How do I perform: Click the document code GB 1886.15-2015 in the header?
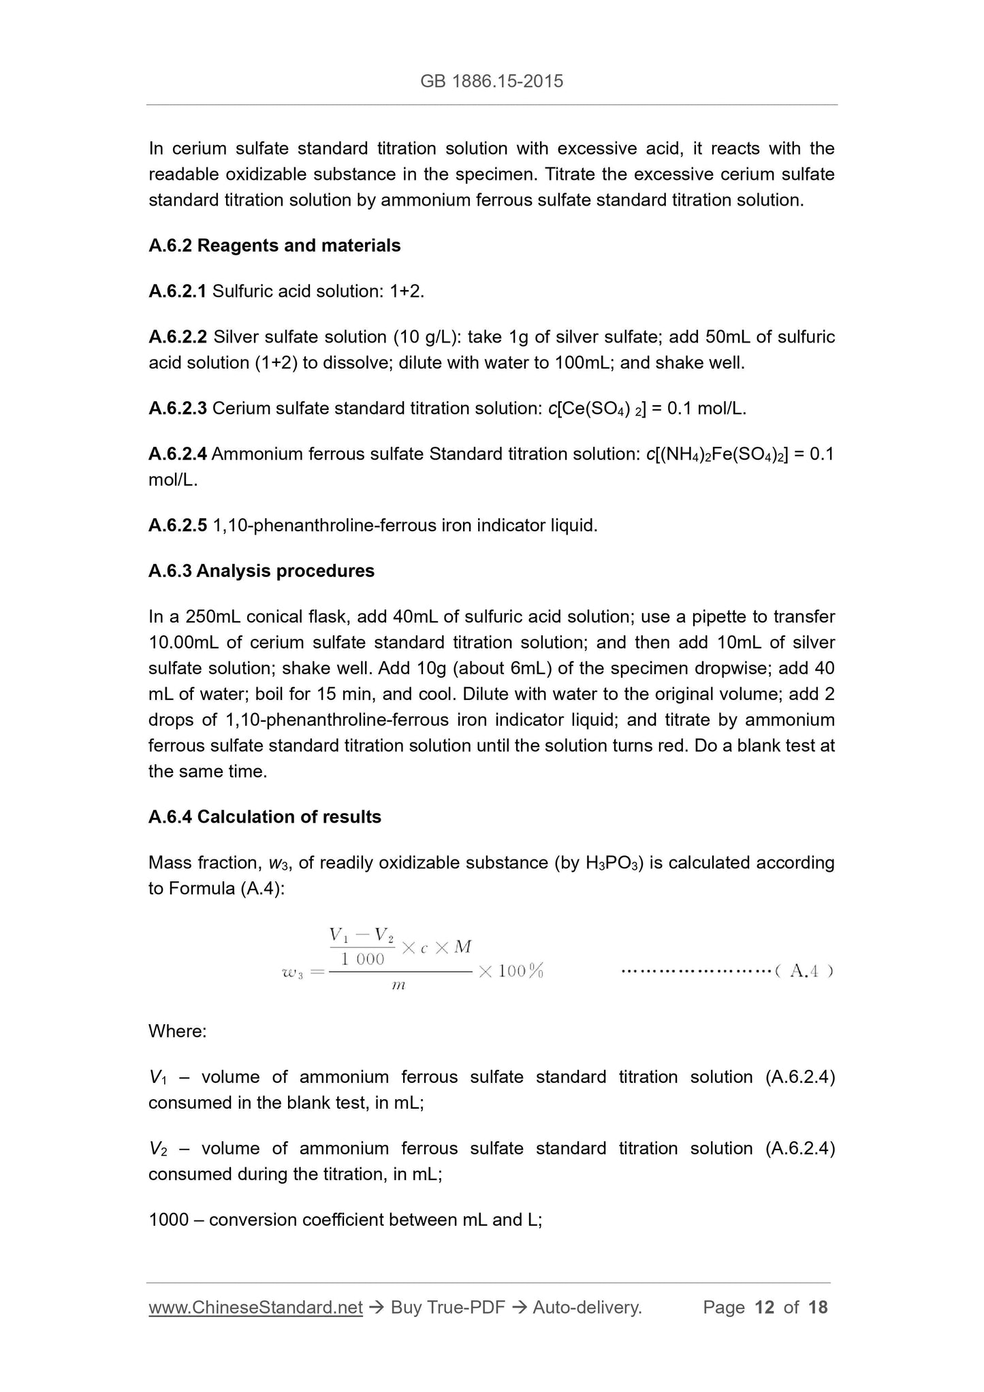(492, 82)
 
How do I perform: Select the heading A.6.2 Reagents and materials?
(274, 246)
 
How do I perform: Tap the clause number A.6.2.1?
(177, 291)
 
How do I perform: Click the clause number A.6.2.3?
(177, 409)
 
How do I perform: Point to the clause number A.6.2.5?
(177, 526)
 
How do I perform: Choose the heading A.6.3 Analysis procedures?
(261, 571)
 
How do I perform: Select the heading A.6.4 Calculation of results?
(265, 817)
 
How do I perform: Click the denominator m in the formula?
(399, 986)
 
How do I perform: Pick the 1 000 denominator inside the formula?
(362, 960)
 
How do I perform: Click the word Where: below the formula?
(177, 1031)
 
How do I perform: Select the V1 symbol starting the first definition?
(157, 1077)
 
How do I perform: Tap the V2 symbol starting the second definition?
(157, 1149)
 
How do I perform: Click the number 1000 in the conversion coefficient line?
(168, 1220)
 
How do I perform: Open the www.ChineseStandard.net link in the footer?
(255, 1308)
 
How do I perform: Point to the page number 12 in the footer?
(765, 1308)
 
